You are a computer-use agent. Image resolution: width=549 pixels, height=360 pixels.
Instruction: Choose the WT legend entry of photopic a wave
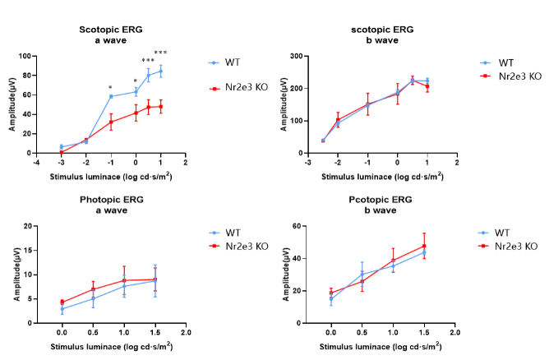pyautogui.click(x=232, y=233)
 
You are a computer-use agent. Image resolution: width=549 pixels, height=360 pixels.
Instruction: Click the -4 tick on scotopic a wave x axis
pyautogui.click(x=36, y=162)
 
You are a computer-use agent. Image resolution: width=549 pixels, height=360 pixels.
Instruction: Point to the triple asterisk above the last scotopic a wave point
pyautogui.click(x=161, y=53)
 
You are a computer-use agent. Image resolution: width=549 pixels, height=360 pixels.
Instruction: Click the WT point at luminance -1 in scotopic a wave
pyautogui.click(x=111, y=96)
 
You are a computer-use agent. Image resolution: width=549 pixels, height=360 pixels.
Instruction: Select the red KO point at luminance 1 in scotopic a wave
pyautogui.click(x=161, y=107)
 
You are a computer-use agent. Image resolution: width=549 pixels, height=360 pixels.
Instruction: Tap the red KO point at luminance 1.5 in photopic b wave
pyautogui.click(x=425, y=246)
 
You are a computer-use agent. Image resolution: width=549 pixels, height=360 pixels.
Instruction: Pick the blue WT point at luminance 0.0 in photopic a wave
pyautogui.click(x=62, y=309)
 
